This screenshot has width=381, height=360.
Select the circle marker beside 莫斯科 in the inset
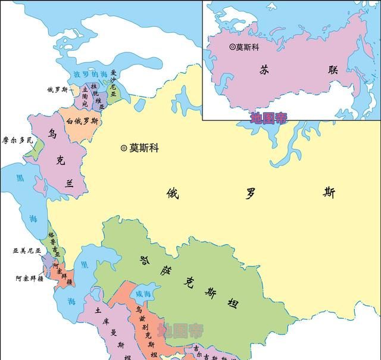[232, 46]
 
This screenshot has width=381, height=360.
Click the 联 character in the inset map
[330, 70]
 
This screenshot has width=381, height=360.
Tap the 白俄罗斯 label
[83, 121]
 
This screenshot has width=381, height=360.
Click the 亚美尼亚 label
[27, 251]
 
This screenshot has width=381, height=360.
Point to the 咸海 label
[143, 294]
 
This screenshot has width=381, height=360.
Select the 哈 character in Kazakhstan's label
[143, 260]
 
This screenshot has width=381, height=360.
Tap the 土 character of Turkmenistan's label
[96, 311]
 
